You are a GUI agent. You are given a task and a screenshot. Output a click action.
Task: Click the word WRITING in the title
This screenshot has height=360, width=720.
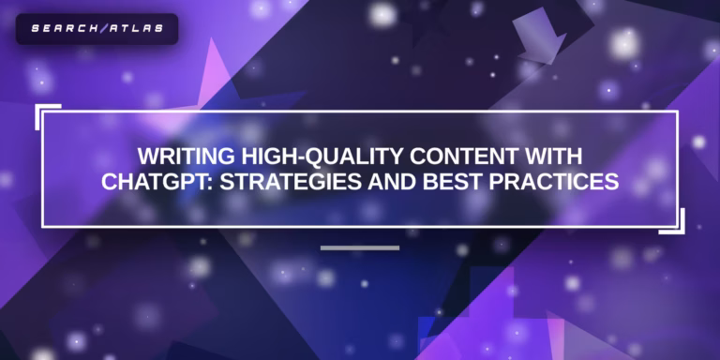177,155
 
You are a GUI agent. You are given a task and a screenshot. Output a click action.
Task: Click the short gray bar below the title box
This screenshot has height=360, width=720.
360,247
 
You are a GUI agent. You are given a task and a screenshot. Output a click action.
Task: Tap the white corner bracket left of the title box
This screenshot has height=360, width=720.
41,114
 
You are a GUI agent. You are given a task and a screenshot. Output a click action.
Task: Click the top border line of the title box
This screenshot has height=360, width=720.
360,112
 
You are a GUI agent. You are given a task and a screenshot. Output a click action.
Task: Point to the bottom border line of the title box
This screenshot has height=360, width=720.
360,226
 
